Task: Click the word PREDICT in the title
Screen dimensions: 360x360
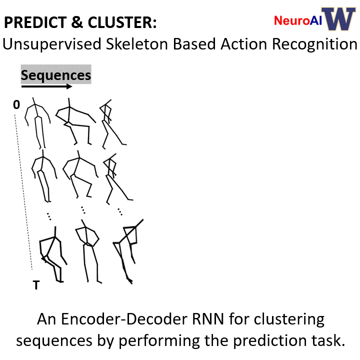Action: pos(35,22)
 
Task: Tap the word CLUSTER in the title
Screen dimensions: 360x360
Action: pos(119,22)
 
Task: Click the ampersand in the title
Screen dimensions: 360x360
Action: pos(77,22)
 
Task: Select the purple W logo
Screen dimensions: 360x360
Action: pos(338,19)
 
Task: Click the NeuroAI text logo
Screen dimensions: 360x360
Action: pos(298,20)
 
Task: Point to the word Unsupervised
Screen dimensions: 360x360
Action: pos(52,44)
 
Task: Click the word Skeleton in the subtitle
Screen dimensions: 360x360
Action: pos(137,43)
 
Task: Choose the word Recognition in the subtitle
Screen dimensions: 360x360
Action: pos(314,44)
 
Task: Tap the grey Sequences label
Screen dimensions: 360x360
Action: pos(56,74)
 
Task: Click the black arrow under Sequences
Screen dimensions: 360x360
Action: pos(47,86)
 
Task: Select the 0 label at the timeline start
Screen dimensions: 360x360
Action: pos(16,104)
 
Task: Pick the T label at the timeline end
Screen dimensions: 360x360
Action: pos(36,285)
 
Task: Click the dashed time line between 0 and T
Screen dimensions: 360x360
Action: pos(23,192)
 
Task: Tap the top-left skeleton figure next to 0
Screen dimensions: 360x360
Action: pos(37,123)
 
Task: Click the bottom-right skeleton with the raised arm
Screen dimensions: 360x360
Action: pos(128,251)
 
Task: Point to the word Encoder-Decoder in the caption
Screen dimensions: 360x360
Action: pos(124,319)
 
